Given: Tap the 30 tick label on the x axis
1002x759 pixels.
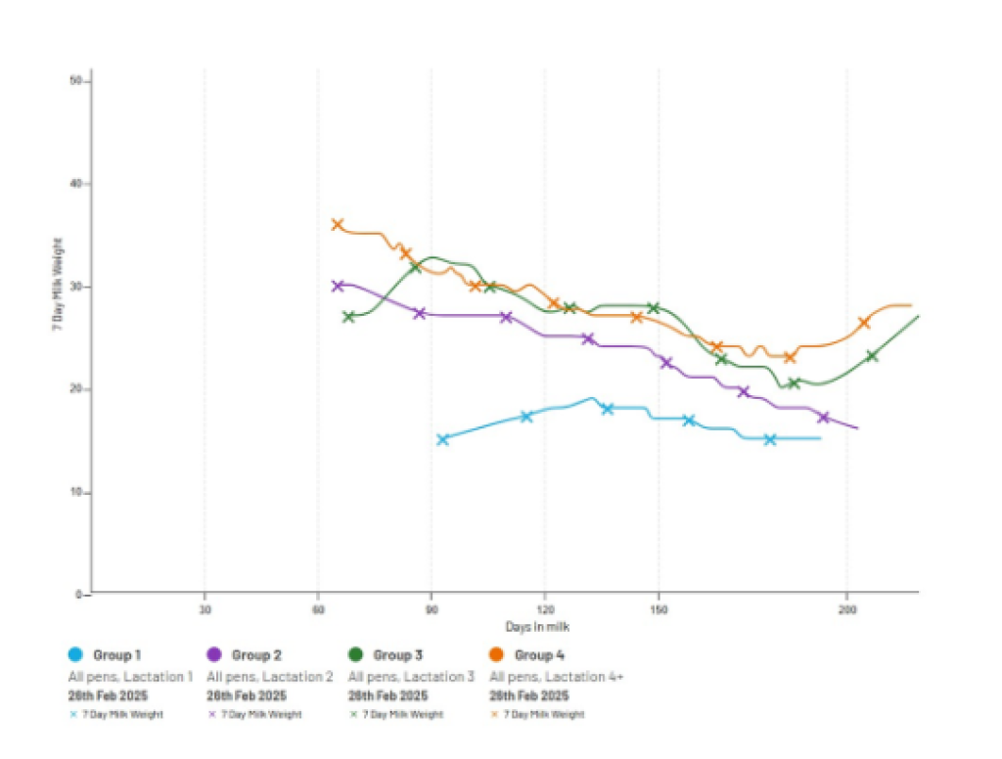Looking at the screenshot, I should tap(205, 609).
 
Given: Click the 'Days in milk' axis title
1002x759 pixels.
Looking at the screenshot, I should tap(537, 627).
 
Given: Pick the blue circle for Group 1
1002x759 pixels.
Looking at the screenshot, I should tap(74, 654).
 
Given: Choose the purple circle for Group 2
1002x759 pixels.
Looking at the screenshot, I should tap(214, 654).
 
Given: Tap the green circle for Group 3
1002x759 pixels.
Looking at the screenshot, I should tap(356, 654).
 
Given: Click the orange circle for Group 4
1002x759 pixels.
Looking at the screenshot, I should tap(497, 654).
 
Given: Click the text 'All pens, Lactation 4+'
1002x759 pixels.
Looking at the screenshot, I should tap(556, 676).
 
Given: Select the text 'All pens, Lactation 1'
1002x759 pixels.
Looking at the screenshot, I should tap(131, 676).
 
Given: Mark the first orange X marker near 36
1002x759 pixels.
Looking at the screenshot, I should tap(338, 224).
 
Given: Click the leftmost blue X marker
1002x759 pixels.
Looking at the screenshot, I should tap(442, 439).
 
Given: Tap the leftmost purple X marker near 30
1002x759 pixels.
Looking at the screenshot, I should tap(338, 286).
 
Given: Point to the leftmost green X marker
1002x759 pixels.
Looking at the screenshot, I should tap(348, 317).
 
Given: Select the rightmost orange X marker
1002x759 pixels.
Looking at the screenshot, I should tap(864, 323).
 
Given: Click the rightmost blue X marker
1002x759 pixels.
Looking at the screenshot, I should tap(770, 439).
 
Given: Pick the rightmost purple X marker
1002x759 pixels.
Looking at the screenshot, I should tap(824, 418).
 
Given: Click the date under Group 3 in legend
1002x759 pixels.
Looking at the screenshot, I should tap(388, 695).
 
